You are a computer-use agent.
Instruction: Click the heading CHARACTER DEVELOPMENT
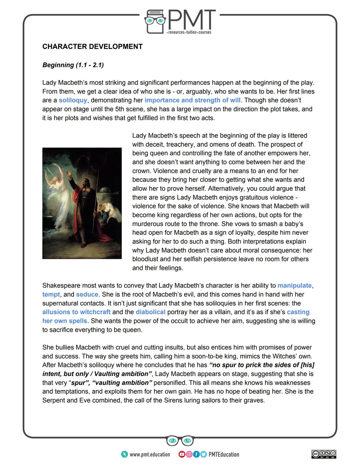tap(92, 47)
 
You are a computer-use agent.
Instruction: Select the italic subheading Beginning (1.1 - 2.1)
tap(73, 65)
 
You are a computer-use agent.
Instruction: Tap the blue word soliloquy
tap(73, 100)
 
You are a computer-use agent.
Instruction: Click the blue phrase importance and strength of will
tap(192, 100)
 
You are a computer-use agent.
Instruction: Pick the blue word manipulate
tap(294, 286)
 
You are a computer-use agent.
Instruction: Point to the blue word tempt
tap(51, 295)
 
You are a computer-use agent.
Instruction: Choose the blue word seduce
tap(87, 295)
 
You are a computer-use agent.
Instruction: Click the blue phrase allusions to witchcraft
tap(76, 312)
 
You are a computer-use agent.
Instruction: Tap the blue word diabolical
tap(150, 312)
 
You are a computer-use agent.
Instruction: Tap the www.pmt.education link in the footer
tap(149, 454)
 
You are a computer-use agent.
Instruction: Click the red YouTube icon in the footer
tap(182, 454)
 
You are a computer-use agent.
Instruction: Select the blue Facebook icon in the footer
tap(196, 454)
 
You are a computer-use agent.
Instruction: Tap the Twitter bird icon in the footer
tap(203, 454)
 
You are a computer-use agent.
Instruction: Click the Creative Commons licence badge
tap(324, 454)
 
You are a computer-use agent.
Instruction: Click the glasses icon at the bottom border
tap(180, 441)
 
